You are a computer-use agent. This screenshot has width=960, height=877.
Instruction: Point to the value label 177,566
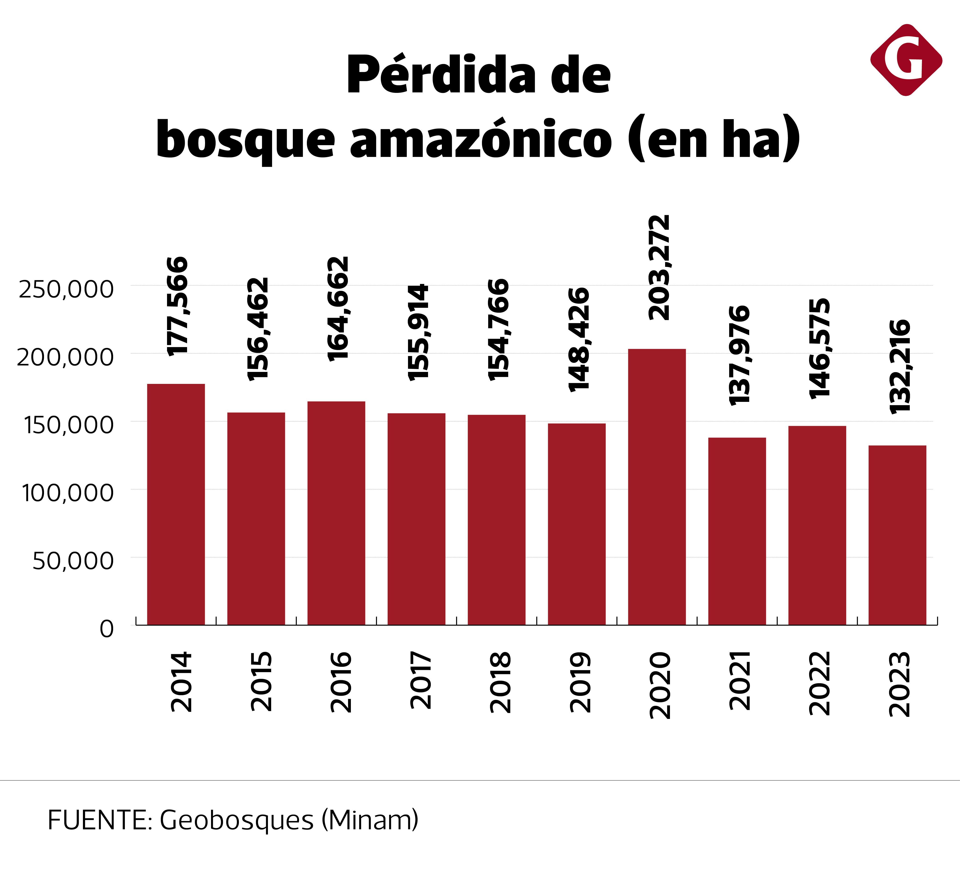pos(178,306)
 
